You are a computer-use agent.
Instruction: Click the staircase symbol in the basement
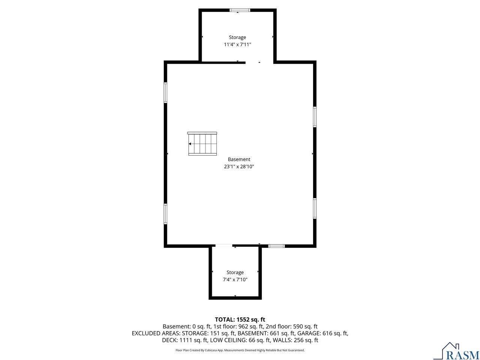click(x=202, y=144)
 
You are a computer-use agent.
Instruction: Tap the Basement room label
click(x=239, y=159)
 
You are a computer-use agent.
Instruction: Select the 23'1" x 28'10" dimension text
click(x=239, y=166)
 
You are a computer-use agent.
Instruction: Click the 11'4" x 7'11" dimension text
click(x=237, y=45)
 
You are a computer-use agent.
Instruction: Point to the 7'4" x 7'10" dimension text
click(x=235, y=280)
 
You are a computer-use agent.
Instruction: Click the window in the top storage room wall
click(x=240, y=10)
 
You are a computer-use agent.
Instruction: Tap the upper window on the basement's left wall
click(x=165, y=93)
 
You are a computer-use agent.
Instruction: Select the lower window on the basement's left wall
click(x=165, y=214)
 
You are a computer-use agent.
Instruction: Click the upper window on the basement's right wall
click(x=315, y=117)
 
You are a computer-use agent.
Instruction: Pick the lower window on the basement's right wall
click(x=315, y=208)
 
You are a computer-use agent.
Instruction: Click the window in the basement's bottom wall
click(x=276, y=246)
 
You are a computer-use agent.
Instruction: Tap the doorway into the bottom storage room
click(x=224, y=246)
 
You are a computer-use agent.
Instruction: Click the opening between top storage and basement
click(x=259, y=63)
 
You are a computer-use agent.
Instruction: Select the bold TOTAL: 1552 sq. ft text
click(x=240, y=319)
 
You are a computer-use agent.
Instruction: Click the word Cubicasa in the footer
click(x=211, y=350)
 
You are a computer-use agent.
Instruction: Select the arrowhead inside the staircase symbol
click(x=190, y=144)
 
